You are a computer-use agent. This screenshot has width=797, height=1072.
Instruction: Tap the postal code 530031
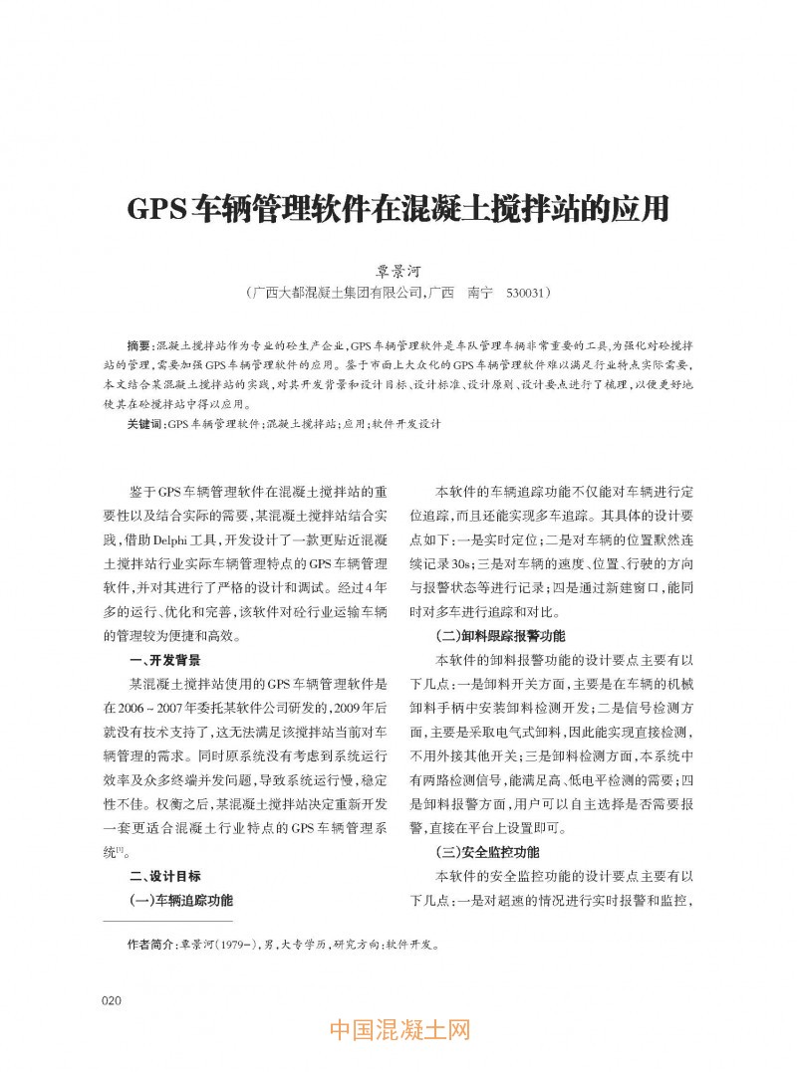coord(524,295)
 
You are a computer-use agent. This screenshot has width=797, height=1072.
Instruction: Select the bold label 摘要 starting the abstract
coord(139,344)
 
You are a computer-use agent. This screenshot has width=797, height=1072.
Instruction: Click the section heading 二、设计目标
coord(165,876)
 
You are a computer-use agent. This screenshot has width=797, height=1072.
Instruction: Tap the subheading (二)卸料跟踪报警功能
coord(500,635)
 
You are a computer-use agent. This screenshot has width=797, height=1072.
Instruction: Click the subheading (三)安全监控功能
coord(488,852)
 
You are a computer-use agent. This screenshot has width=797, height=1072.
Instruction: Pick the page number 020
coord(112,999)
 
